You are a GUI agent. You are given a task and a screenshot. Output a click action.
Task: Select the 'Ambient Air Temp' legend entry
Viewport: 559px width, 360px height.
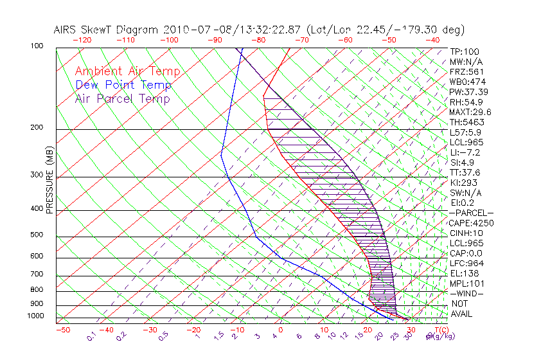[127, 71]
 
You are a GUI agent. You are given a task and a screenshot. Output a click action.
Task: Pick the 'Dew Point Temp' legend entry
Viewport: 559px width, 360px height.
[123, 85]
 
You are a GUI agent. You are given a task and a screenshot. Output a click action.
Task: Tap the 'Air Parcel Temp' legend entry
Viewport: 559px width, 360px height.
[123, 98]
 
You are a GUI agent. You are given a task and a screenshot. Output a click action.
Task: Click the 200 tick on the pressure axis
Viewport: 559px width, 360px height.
[36, 128]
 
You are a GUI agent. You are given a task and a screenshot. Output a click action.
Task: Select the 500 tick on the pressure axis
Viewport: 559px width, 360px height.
[36, 235]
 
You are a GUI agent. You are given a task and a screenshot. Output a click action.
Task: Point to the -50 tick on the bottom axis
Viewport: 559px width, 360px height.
[62, 330]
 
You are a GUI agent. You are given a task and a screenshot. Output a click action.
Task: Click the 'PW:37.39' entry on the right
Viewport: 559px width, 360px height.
[468, 92]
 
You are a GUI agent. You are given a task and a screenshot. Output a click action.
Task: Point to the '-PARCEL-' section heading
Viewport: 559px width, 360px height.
[471, 213]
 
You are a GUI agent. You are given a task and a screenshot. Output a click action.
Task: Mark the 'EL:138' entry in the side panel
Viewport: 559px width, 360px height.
[465, 273]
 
